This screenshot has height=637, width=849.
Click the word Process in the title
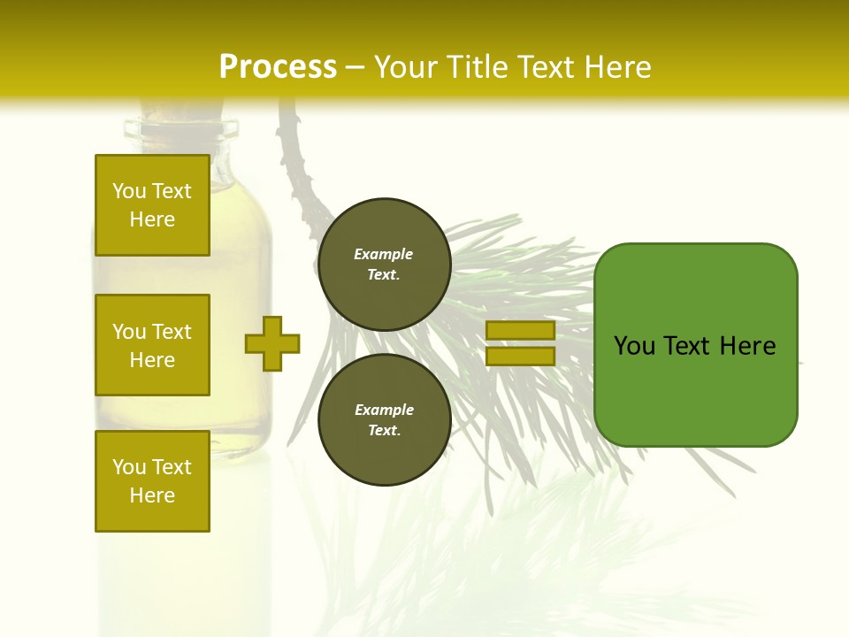pyautogui.click(x=278, y=67)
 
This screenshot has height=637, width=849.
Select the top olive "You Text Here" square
pyautogui.click(x=152, y=205)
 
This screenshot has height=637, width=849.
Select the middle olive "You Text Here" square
pyautogui.click(x=152, y=345)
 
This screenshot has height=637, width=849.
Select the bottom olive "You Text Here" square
pyautogui.click(x=152, y=480)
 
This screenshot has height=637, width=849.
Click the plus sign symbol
pyautogui.click(x=272, y=343)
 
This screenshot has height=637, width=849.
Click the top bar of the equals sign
pyautogui.click(x=520, y=330)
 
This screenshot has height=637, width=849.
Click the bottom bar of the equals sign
pyautogui.click(x=520, y=356)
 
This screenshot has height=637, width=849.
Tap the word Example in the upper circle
pyautogui.click(x=383, y=254)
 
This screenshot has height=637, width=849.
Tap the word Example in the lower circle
pyautogui.click(x=384, y=410)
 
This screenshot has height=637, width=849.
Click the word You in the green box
pyautogui.click(x=633, y=346)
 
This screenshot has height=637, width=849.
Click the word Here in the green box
pyautogui.click(x=747, y=346)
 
